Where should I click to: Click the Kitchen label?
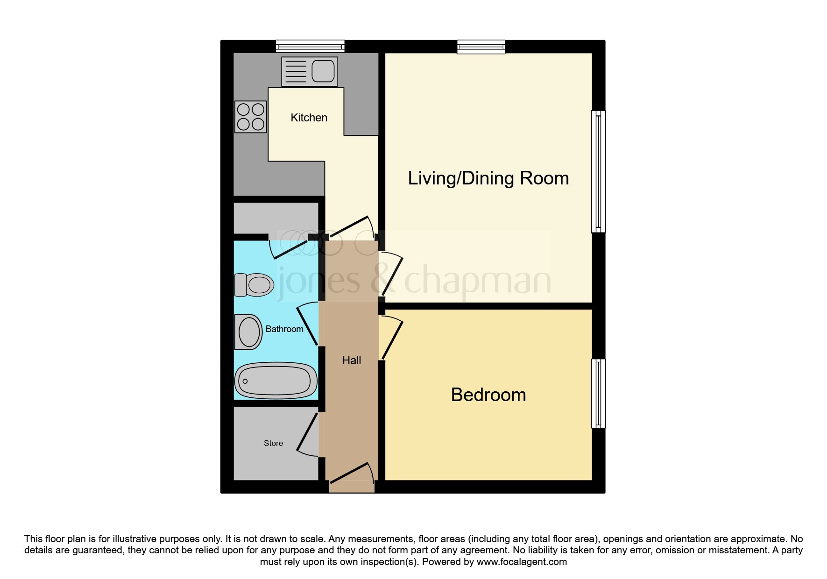(309, 118)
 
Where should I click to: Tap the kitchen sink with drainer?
(310, 71)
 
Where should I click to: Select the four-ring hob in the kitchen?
(251, 117)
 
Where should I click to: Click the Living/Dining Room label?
(488, 178)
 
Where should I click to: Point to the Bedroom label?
(488, 395)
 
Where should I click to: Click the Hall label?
(352, 360)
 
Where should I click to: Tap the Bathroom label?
(284, 329)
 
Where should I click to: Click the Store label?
(273, 443)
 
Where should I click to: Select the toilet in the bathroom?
(254, 285)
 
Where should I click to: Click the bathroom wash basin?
(248, 332)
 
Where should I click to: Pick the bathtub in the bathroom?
(276, 381)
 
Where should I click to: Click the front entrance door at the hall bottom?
(352, 477)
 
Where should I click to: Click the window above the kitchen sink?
(310, 46)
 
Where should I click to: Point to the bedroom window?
(598, 393)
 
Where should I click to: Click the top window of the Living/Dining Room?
(481, 47)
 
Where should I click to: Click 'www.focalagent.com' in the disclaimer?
(522, 562)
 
